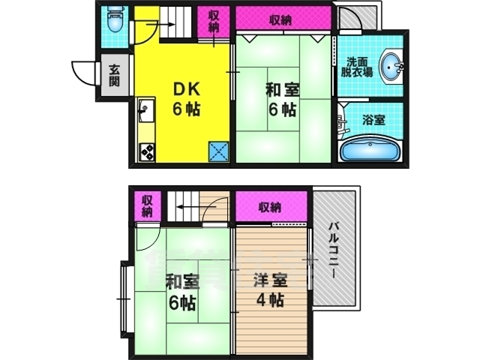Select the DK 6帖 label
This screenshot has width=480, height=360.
186,98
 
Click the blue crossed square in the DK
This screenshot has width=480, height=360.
219,151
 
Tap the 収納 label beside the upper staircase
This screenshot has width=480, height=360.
214,22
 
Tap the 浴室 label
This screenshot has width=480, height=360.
373,119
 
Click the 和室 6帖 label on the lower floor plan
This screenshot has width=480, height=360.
181,292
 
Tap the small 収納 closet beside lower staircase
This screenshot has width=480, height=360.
147,205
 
